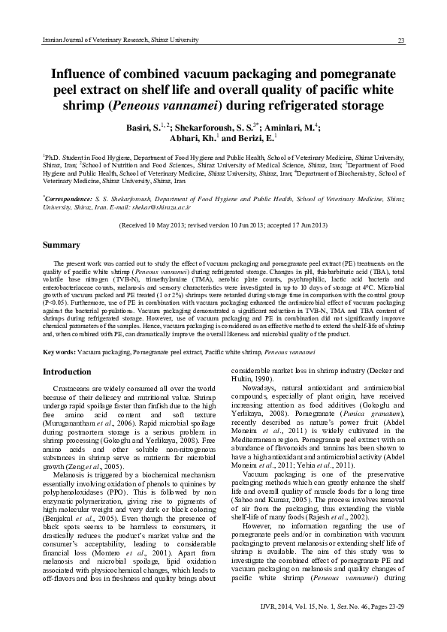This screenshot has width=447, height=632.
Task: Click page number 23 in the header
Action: pyautogui.click(x=401, y=40)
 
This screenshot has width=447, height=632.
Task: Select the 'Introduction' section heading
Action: pyautogui.click(x=67, y=372)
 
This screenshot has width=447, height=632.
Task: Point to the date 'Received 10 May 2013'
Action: pyautogui.click(x=156, y=224)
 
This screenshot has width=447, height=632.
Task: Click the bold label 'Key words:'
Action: pyautogui.click(x=59, y=351)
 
